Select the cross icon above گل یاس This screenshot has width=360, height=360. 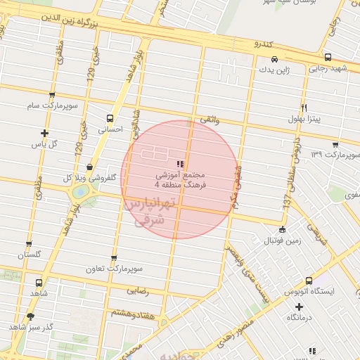(x=45, y=133)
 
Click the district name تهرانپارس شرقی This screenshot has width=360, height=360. (x=152, y=212)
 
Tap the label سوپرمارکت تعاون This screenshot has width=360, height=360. (x=115, y=269)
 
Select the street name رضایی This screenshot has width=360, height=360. (x=137, y=289)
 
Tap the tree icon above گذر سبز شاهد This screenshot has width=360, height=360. (x=30, y=316)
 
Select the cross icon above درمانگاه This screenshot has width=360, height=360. (x=300, y=307)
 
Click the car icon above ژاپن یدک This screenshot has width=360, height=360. (x=274, y=59)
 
